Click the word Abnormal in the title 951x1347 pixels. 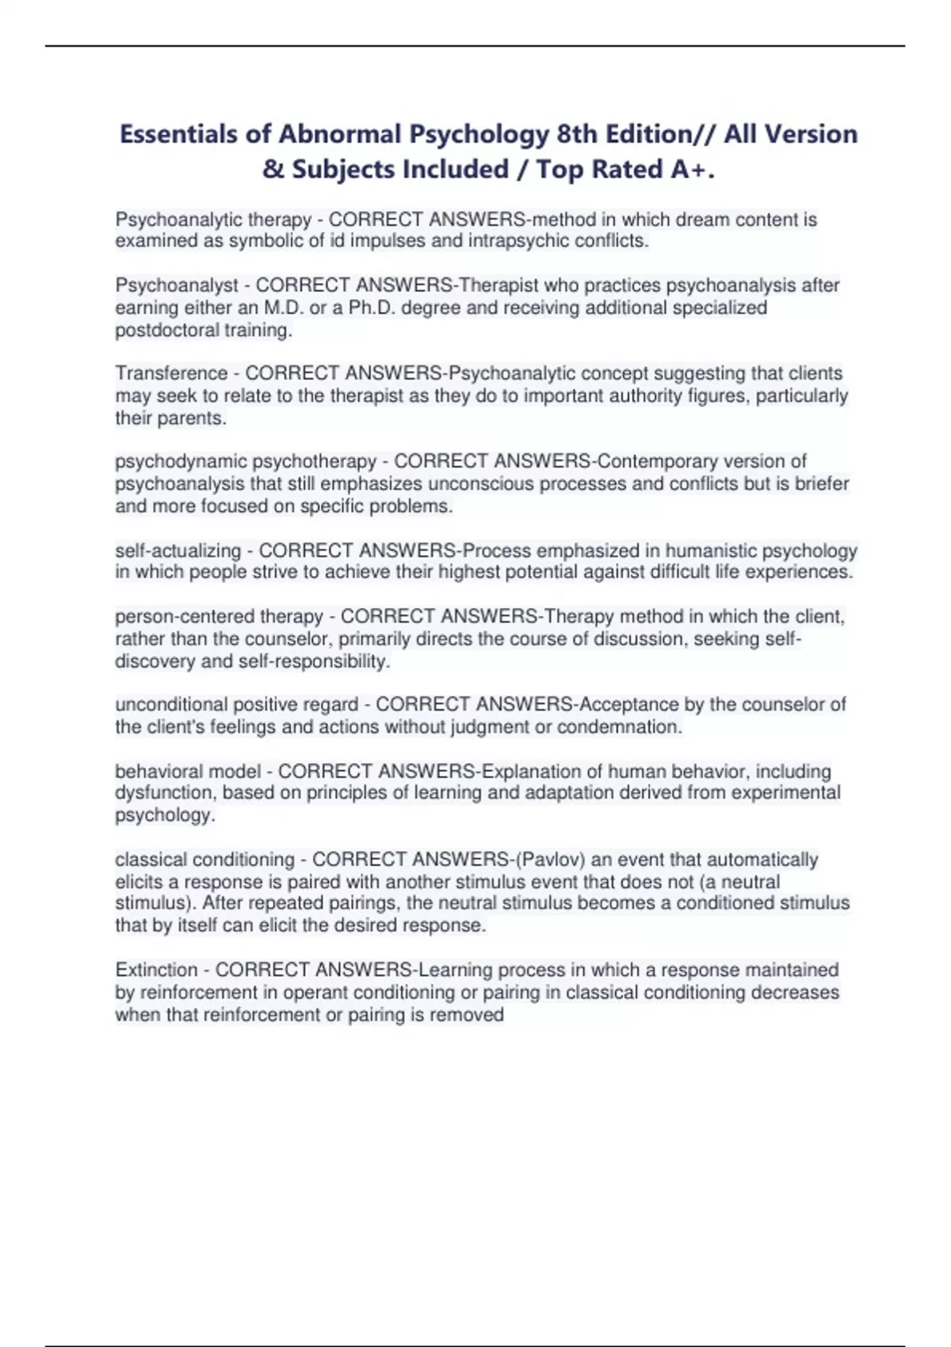click(x=339, y=134)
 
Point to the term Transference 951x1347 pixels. click(x=171, y=373)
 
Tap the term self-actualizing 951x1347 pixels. click(x=178, y=550)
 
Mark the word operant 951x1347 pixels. click(x=315, y=992)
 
